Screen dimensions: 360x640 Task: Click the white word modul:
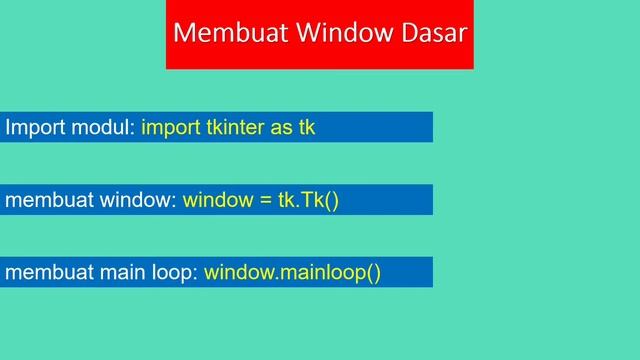click(x=101, y=128)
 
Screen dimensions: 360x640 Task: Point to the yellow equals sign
click(x=265, y=200)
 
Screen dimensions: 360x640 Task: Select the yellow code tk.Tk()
click(x=309, y=200)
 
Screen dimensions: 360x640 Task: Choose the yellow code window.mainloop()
click(x=293, y=272)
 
